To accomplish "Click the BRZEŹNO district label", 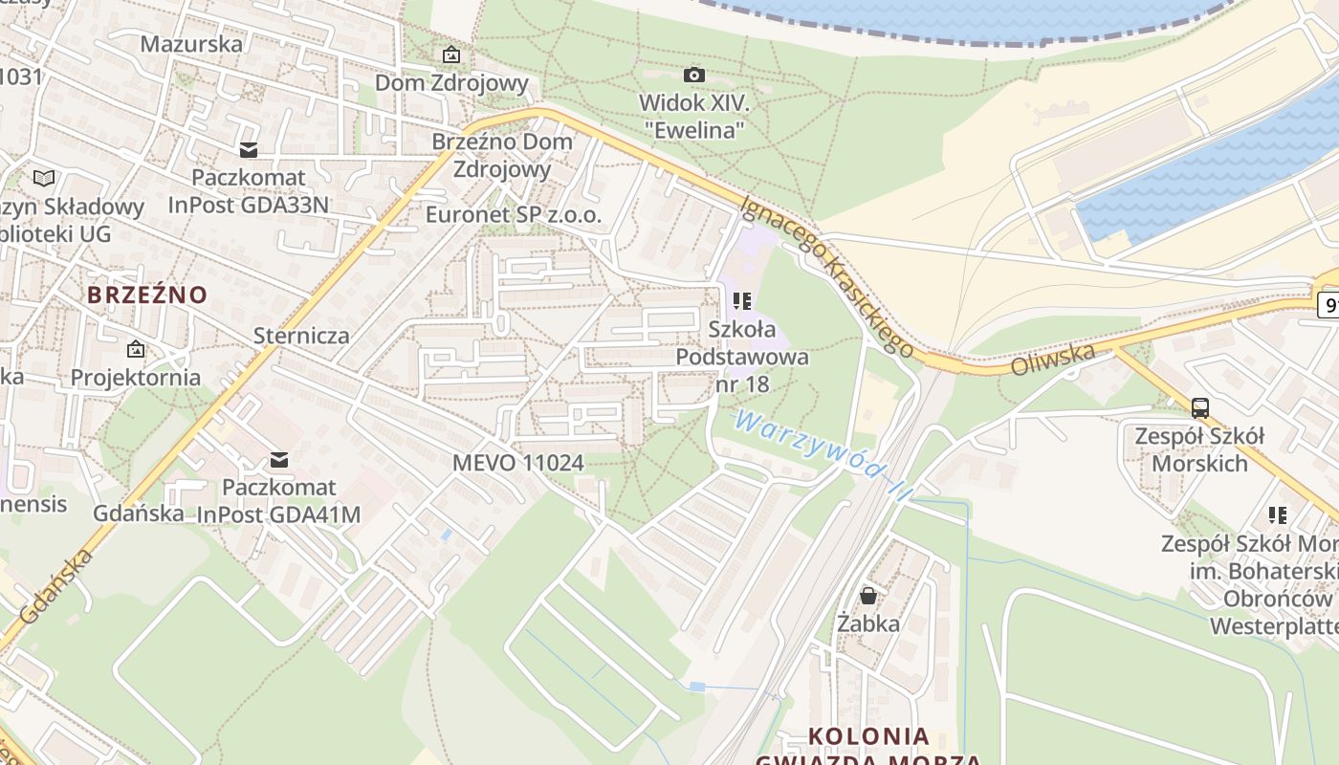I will click(x=147, y=295).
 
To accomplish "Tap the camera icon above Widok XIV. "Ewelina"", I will click(x=694, y=75).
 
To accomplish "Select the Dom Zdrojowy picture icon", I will click(x=450, y=55).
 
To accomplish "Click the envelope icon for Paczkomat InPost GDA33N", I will click(x=249, y=150).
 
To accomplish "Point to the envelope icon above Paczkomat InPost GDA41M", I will click(x=279, y=460).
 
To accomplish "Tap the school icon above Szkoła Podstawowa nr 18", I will click(x=742, y=302).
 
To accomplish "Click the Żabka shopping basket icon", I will click(x=868, y=597).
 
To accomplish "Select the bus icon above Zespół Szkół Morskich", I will click(x=1199, y=408).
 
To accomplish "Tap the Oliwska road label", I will click(x=1053, y=358).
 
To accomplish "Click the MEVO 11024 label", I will click(x=517, y=463).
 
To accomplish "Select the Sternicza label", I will click(x=301, y=336).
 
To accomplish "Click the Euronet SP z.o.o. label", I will click(x=514, y=215).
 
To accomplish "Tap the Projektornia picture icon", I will click(x=136, y=350).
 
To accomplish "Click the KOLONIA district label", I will click(x=868, y=736).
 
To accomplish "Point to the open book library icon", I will click(x=44, y=178).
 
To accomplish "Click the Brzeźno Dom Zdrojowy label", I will click(x=502, y=155).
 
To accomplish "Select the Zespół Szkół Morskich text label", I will click(x=1199, y=449).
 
